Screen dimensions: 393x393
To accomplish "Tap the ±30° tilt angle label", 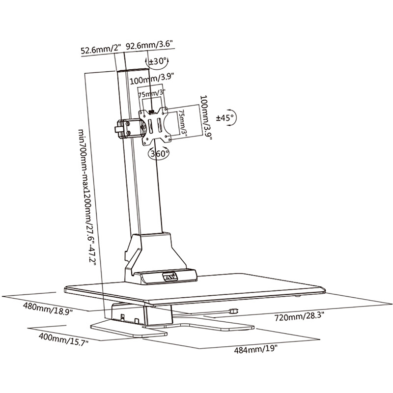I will (x=158, y=62).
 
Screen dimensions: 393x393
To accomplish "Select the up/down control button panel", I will (x=170, y=278).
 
